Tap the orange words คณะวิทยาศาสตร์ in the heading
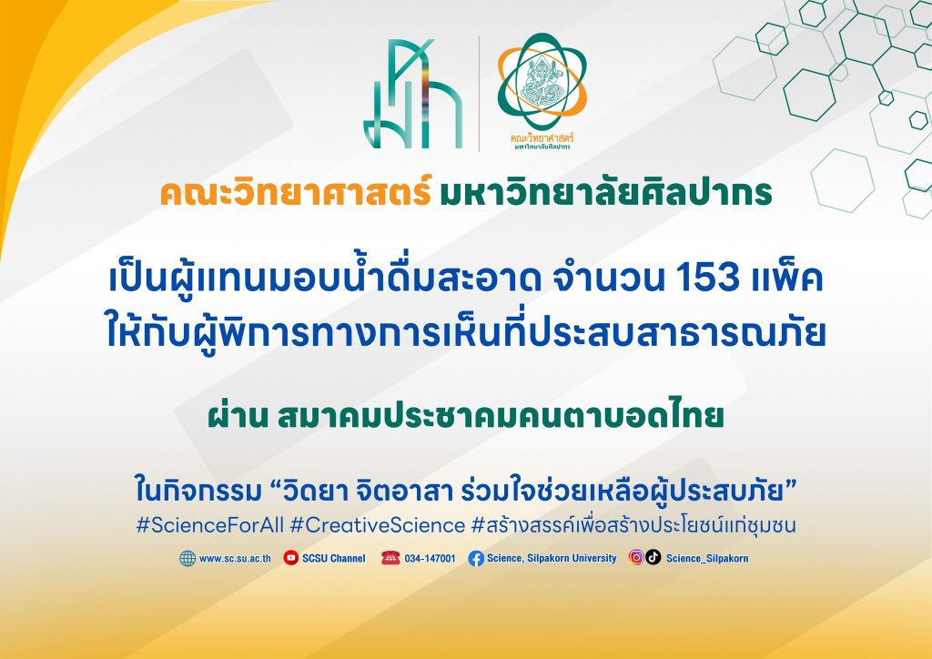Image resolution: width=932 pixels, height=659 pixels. click(296, 193)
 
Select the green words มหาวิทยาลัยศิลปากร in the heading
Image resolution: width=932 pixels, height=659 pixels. click(605, 193)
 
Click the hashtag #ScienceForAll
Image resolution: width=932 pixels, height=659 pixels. click(210, 525)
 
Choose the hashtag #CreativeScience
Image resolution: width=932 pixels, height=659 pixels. click(378, 525)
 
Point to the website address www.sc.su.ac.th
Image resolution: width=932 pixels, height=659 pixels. click(235, 559)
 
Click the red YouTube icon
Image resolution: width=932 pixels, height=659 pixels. click(290, 558)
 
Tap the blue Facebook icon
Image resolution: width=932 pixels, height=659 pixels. click(476, 559)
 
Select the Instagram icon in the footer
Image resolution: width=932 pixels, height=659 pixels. click(636, 557)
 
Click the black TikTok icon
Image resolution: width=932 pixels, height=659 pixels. click(653, 557)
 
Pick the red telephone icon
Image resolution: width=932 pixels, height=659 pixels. click(390, 558)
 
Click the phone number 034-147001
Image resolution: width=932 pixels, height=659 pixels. click(430, 559)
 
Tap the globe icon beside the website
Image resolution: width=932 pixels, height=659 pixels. click(187, 559)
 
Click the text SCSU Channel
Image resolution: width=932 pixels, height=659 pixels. click(333, 559)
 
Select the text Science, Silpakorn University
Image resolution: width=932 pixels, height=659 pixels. click(552, 559)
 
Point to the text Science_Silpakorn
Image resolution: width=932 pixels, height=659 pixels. click(706, 559)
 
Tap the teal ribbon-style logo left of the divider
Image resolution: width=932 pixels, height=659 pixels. click(413, 94)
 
